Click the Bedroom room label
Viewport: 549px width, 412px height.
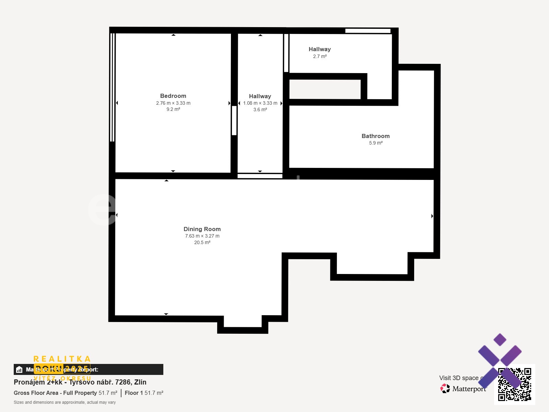pyautogui.click(x=173, y=96)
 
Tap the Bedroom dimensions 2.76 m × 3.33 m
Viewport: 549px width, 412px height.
pyautogui.click(x=173, y=103)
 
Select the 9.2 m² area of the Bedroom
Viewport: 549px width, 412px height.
pyautogui.click(x=173, y=109)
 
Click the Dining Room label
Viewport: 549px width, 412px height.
pyautogui.click(x=202, y=229)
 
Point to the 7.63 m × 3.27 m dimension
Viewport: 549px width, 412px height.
pyautogui.click(x=202, y=236)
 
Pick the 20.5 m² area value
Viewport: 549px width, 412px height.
pyautogui.click(x=202, y=242)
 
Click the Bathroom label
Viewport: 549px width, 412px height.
pyautogui.click(x=375, y=136)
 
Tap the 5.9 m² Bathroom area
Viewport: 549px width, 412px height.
pyautogui.click(x=375, y=143)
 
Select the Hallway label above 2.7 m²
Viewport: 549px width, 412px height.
pyautogui.click(x=319, y=49)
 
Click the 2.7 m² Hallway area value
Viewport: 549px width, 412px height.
pyautogui.click(x=319, y=56)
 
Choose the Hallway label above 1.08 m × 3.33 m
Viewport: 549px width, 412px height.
pyautogui.click(x=260, y=96)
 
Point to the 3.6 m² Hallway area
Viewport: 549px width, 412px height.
pyautogui.click(x=260, y=110)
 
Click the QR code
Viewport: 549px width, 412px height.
pyautogui.click(x=514, y=384)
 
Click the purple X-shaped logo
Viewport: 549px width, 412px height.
pyautogui.click(x=500, y=357)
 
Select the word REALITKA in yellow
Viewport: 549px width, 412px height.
pyautogui.click(x=62, y=359)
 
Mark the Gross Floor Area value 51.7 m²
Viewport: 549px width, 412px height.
pyautogui.click(x=108, y=393)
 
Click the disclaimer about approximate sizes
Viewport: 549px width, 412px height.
pyautogui.click(x=65, y=402)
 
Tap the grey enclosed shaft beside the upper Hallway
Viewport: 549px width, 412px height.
pyautogui.click(x=325, y=89)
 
